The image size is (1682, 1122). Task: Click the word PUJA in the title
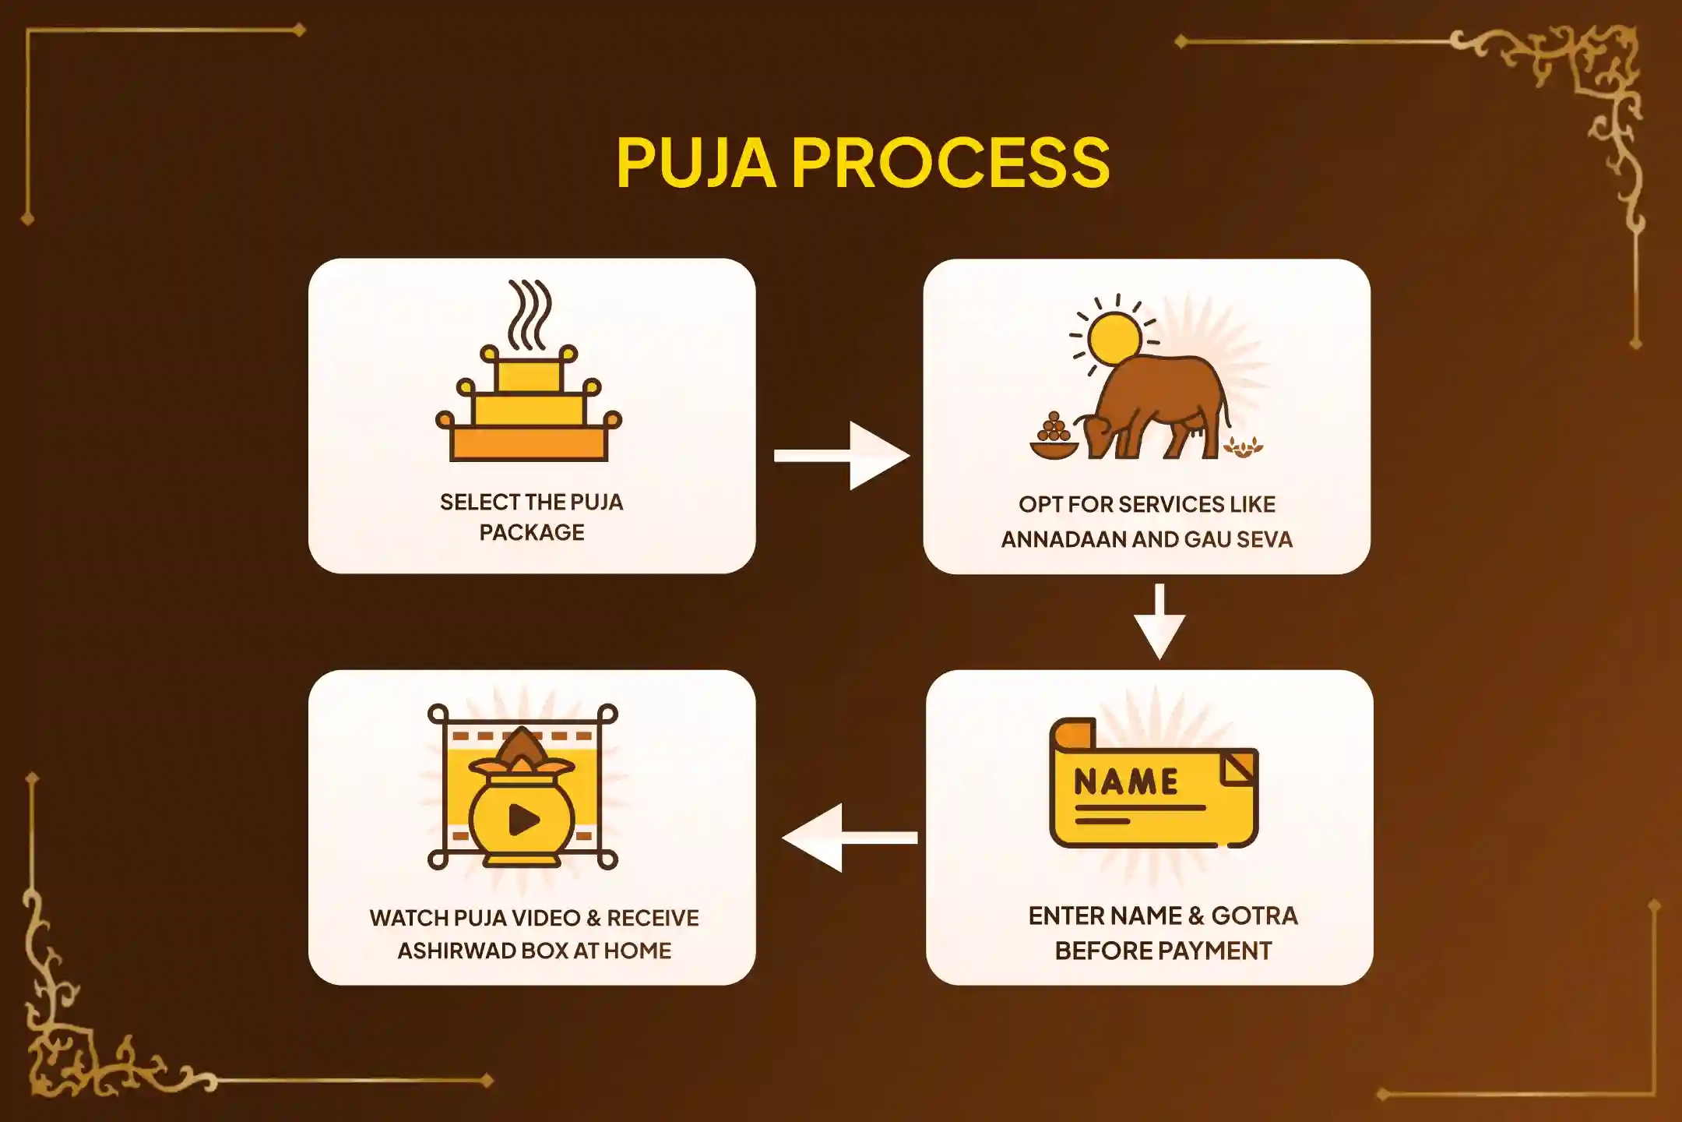coord(695,162)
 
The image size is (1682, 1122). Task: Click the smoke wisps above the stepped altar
coord(530,314)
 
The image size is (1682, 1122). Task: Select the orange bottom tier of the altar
coord(530,444)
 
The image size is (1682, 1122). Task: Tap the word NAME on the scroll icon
coord(1126,782)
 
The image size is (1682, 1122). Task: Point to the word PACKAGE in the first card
coord(532,533)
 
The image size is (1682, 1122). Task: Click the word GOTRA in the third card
coord(1254,916)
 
